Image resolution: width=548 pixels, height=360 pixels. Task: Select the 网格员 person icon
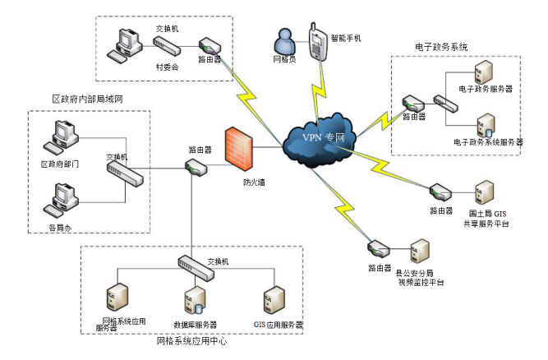point(284,41)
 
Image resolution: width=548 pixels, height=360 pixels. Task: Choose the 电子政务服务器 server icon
point(484,72)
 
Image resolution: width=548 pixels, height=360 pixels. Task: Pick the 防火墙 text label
point(253,182)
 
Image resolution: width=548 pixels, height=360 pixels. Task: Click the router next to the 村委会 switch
point(209,44)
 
